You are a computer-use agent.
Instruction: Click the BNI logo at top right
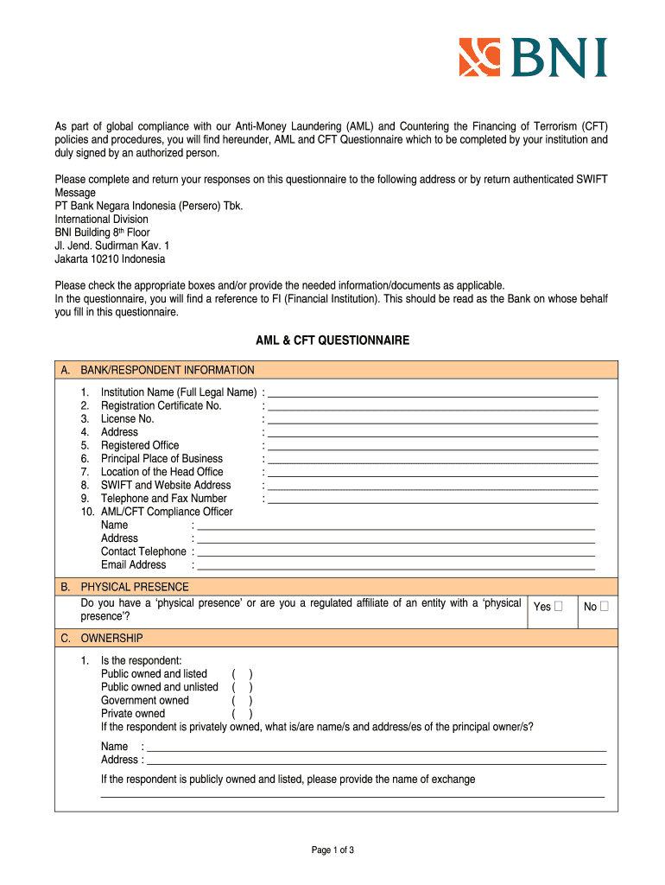pos(532,58)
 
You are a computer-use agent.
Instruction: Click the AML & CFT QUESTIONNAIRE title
pos(332,341)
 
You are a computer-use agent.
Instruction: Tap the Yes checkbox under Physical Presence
pos(558,606)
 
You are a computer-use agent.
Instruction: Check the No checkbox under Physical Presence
pos(605,606)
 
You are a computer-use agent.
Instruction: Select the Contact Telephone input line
pos(396,553)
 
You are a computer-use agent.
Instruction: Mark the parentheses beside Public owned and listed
pos(242,674)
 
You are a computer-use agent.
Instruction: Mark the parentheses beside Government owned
pos(242,701)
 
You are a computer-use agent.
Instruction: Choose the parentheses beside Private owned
pos(242,714)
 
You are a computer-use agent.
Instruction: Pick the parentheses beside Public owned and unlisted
pos(242,687)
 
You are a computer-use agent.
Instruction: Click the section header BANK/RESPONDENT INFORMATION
pos(168,370)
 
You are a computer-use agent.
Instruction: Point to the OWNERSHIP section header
pos(111,638)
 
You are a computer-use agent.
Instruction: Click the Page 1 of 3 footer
pos(332,850)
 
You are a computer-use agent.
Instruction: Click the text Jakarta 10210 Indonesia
pos(110,259)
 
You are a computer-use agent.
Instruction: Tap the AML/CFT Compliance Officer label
pos(167,512)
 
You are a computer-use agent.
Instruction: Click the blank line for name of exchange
pos(352,794)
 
